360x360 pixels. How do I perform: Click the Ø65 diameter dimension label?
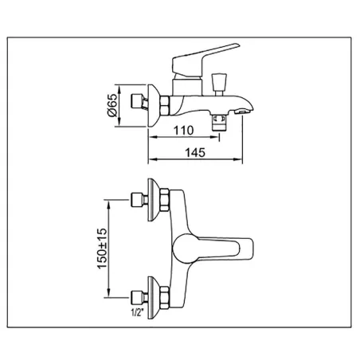click(x=112, y=105)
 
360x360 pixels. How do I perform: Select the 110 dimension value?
click(x=183, y=131)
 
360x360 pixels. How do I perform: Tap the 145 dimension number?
click(x=195, y=153)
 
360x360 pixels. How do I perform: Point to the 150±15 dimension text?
click(x=103, y=248)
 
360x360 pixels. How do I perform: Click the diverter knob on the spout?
click(x=219, y=84)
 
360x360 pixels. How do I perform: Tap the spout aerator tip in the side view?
click(x=242, y=112)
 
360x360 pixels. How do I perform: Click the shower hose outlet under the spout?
click(x=219, y=121)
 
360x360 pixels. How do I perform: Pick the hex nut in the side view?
click(x=165, y=106)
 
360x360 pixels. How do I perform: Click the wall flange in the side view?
click(x=154, y=106)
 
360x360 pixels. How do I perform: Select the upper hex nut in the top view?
click(x=165, y=200)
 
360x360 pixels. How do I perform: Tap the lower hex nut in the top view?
click(x=165, y=297)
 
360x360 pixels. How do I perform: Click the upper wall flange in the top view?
click(x=154, y=200)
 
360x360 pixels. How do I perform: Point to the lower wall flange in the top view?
click(x=154, y=298)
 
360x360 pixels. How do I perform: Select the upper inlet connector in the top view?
click(x=139, y=200)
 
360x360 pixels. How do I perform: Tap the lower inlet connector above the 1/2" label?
click(x=139, y=297)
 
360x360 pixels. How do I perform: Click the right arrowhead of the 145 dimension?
click(x=238, y=159)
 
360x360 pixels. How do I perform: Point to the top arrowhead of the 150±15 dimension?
click(x=108, y=205)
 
